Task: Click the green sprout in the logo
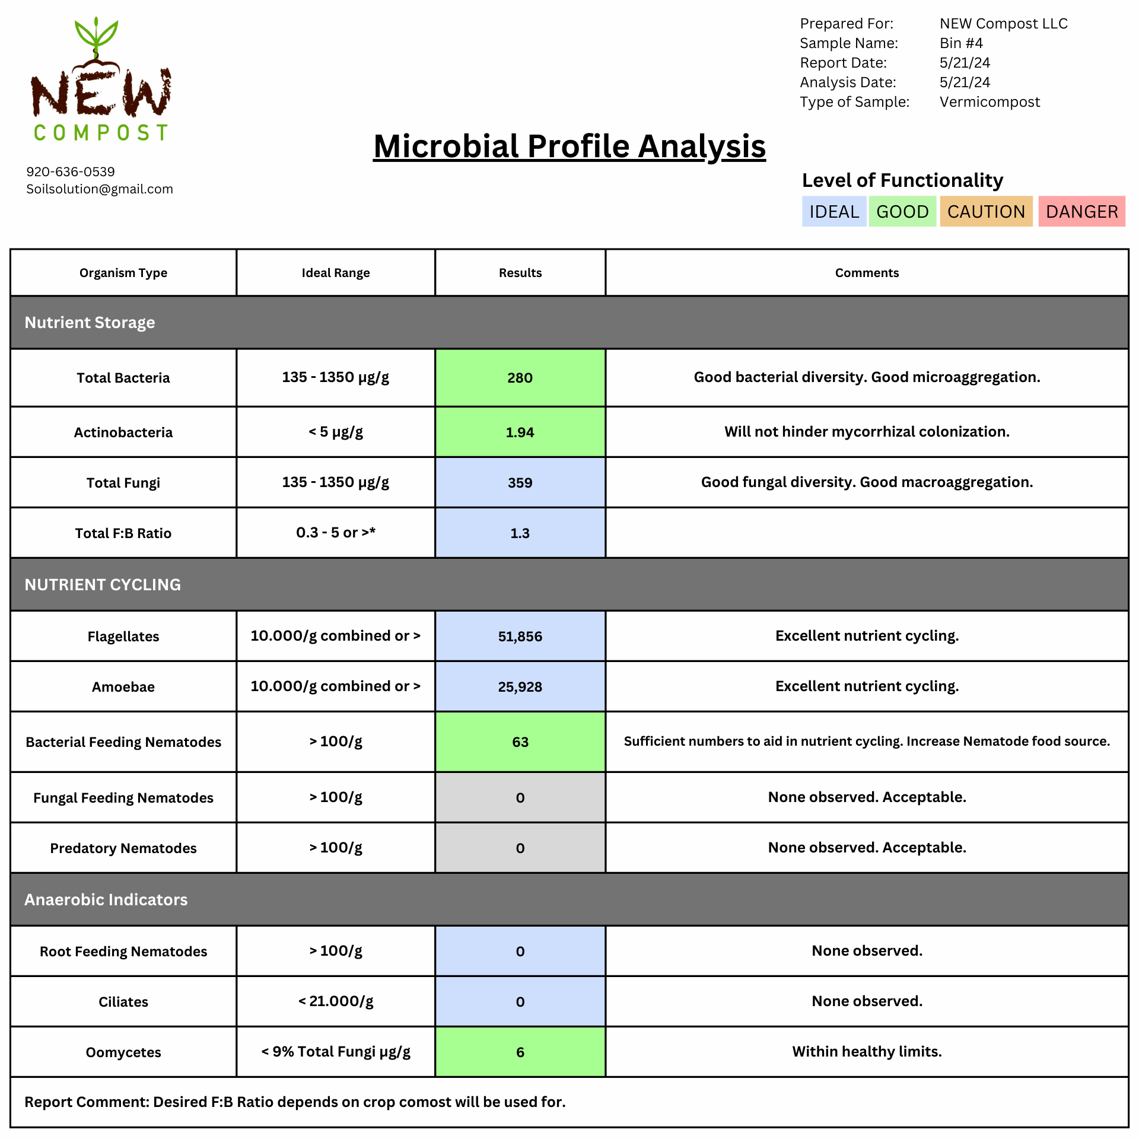coord(96,36)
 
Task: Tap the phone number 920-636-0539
coord(71,172)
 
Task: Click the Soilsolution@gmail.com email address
coord(100,189)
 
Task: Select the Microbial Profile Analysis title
coord(569,147)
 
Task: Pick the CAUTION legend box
coord(986,212)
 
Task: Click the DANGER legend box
coord(1081,212)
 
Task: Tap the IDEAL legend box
coord(833,212)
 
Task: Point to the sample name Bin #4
coord(961,43)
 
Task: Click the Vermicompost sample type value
coord(990,102)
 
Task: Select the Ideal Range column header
coord(336,273)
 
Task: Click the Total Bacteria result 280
coord(520,378)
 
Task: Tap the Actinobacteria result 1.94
coord(520,432)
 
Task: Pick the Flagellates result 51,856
coord(520,637)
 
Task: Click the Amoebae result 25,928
coord(520,687)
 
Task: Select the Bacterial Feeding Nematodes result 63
coord(520,742)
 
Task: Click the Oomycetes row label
coord(123,1052)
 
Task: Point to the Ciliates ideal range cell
coord(336,1001)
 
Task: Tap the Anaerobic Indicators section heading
coord(106,900)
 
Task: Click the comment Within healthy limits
coord(867,1052)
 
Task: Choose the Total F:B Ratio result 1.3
coord(520,533)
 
